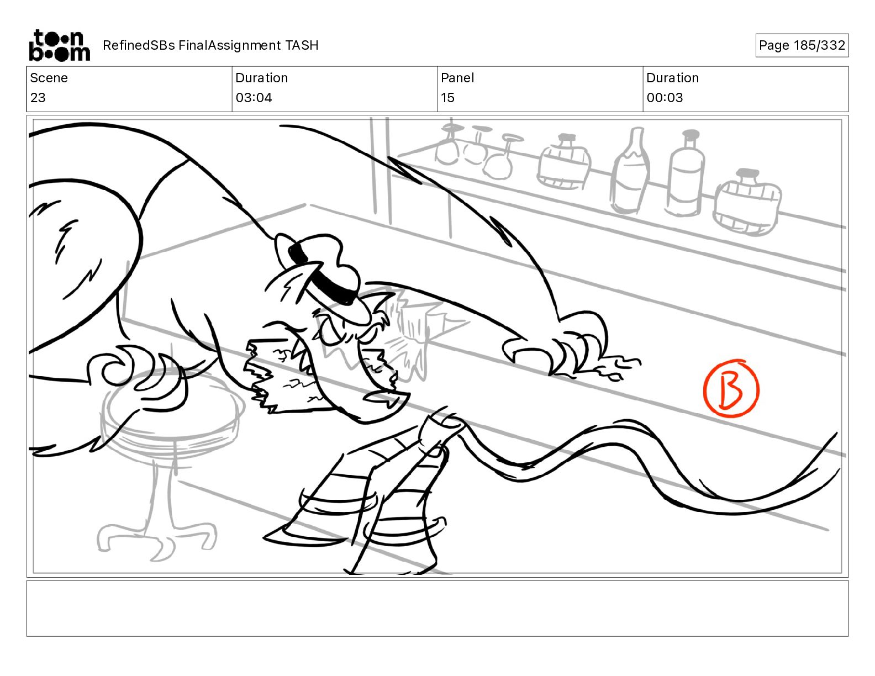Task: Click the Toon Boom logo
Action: pos(60,45)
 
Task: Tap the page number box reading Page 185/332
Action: pos(802,45)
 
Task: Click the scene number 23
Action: pos(38,98)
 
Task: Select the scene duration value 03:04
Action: pos(254,98)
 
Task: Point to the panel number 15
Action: pos(447,98)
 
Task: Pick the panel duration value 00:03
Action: pos(665,98)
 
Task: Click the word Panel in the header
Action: pos(457,78)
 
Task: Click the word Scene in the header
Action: pos(49,78)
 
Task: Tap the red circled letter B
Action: pos(731,388)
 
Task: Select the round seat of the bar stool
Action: pos(172,406)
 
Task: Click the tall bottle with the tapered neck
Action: pos(630,171)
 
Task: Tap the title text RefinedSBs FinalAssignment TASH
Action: pos(210,45)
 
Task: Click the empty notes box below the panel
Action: pos(438,609)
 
